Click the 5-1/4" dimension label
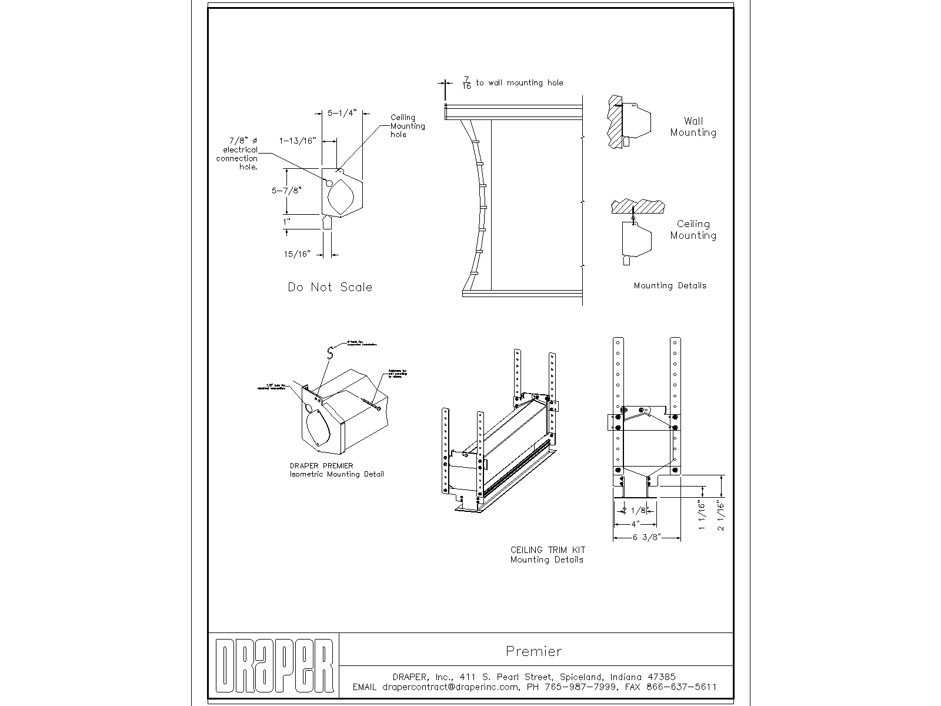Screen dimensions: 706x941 click(342, 113)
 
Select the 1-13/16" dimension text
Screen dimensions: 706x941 click(298, 141)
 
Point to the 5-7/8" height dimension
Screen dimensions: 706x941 click(286, 191)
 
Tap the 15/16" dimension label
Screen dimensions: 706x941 click(297, 254)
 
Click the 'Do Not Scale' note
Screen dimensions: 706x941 click(330, 287)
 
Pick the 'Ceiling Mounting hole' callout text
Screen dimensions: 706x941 click(407, 126)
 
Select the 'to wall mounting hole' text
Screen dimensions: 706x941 click(519, 83)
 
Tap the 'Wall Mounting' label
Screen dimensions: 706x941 click(693, 127)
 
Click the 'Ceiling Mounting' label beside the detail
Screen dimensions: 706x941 click(693, 229)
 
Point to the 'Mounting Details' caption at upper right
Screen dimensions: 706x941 click(670, 286)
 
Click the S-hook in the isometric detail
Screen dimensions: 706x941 click(331, 352)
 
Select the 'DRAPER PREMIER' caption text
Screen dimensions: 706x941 click(322, 466)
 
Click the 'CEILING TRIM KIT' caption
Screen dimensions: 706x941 click(548, 550)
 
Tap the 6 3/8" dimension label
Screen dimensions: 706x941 click(647, 537)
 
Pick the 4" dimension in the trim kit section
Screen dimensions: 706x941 click(635, 524)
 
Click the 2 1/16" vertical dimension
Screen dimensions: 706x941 click(721, 515)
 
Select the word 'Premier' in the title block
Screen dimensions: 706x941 click(533, 651)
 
